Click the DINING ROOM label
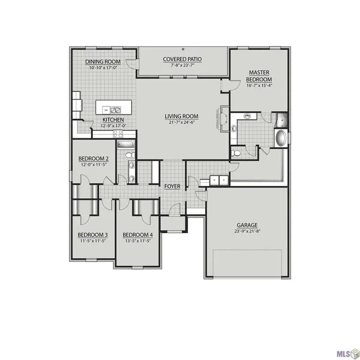pos(103,62)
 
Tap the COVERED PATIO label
pos(182,59)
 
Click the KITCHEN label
pos(113,120)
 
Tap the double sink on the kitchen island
pos(116,110)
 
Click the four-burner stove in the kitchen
pos(118,133)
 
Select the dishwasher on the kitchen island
pos(106,110)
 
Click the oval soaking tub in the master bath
pos(281,138)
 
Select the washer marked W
pos(215,180)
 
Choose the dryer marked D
pos(224,180)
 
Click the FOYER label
pos(172,187)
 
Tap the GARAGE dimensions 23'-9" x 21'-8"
pos(247,231)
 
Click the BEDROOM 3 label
pos(93,235)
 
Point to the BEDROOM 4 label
pos(138,235)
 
